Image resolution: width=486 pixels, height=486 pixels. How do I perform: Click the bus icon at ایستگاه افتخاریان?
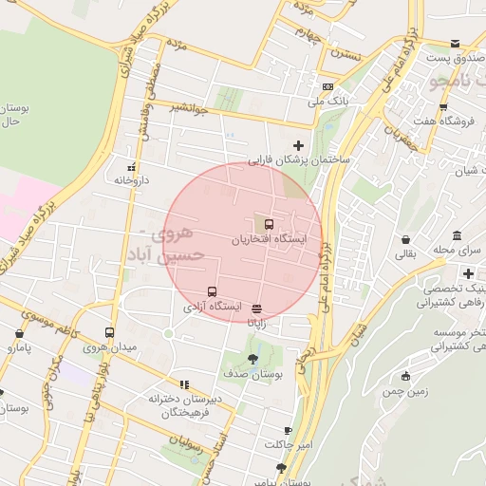pos(270,224)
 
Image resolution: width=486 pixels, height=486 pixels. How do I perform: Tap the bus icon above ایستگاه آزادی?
pos(211,291)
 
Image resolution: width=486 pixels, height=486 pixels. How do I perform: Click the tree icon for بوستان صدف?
pos(252,359)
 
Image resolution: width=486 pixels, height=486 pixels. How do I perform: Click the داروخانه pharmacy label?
pos(133,178)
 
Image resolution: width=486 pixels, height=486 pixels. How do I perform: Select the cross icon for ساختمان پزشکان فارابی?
pos(299,145)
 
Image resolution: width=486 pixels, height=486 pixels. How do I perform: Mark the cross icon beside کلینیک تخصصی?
pos(469,273)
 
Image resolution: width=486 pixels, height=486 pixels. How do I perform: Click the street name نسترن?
pos(339,55)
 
